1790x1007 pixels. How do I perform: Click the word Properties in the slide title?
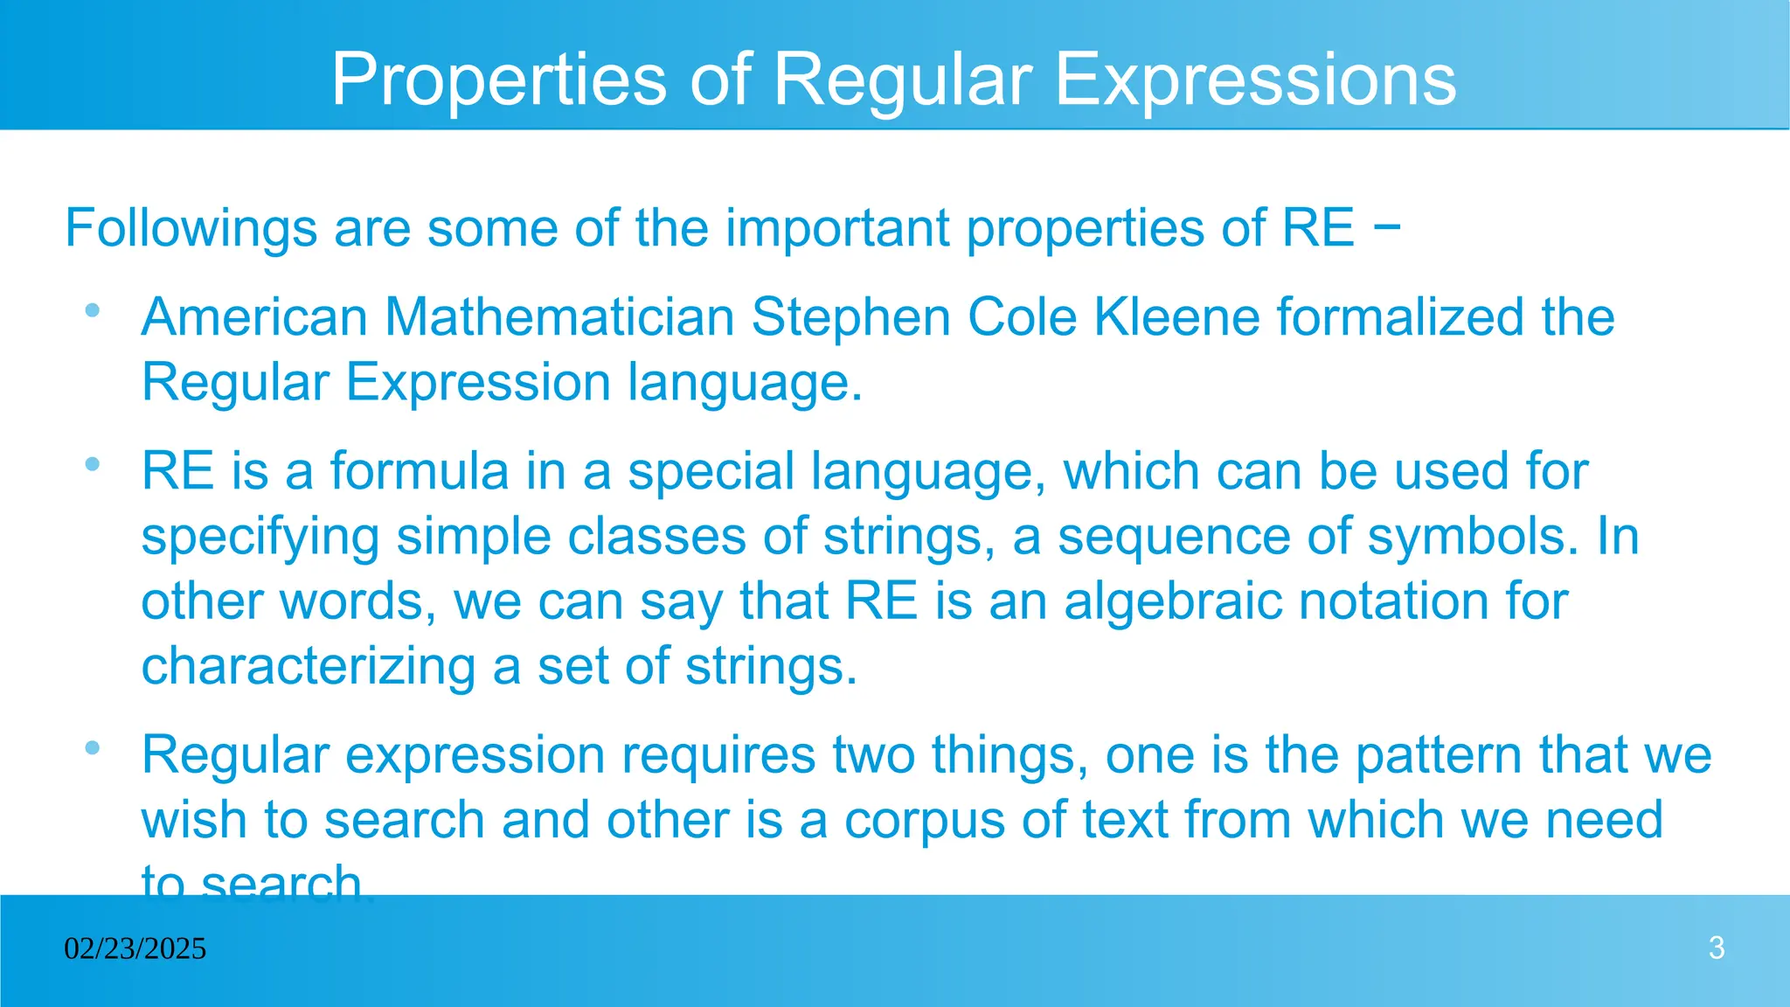pyautogui.click(x=498, y=80)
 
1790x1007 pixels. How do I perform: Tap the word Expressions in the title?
pyautogui.click(x=1256, y=80)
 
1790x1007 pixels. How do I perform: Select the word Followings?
pyautogui.click(x=191, y=229)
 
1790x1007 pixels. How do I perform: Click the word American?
pyautogui.click(x=254, y=316)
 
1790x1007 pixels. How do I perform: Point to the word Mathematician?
pyautogui.click(x=559, y=316)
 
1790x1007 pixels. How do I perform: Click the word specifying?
pyautogui.click(x=260, y=537)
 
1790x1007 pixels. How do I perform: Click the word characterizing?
pyautogui.click(x=309, y=666)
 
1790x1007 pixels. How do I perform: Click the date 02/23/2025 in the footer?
pyautogui.click(x=135, y=948)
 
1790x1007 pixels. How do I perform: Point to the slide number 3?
pyautogui.click(x=1717, y=948)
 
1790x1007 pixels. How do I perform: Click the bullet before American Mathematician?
pyautogui.click(x=93, y=310)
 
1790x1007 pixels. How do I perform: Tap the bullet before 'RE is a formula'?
pyautogui.click(x=93, y=464)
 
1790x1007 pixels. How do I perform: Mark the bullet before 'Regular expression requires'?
pyautogui.click(x=93, y=748)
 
